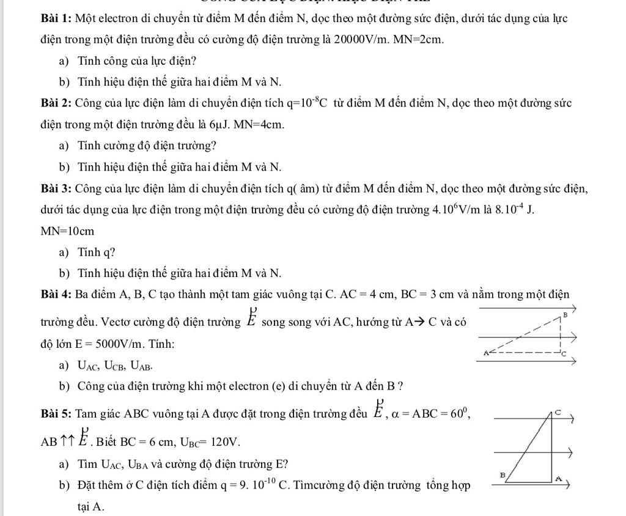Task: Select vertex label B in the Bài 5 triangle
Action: [x=503, y=474]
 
